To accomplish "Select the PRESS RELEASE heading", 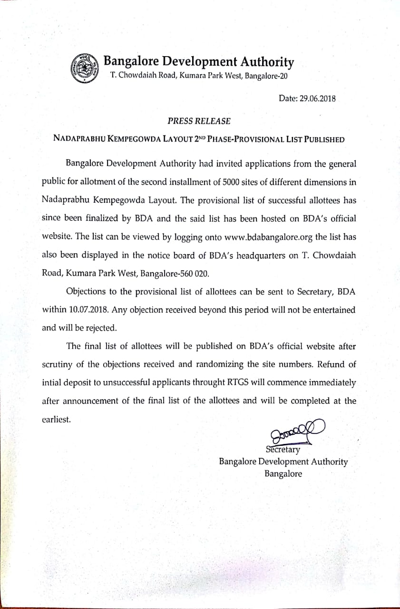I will [x=199, y=121].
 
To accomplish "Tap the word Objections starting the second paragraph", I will [x=87, y=291].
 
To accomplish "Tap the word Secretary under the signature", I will [x=283, y=449].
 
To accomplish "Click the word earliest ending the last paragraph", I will [x=56, y=420].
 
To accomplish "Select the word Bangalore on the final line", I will [x=283, y=474].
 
